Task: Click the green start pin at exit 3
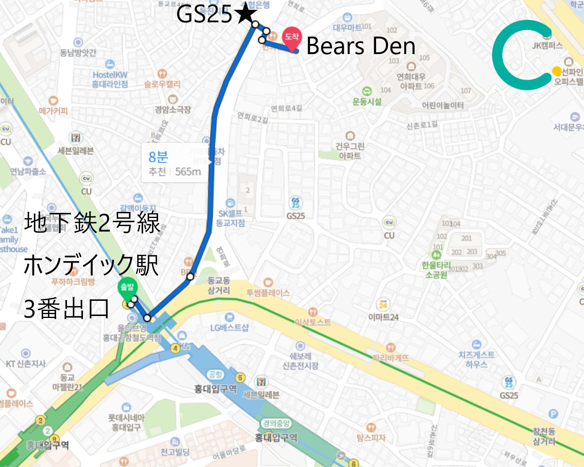127,288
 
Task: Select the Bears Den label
361,46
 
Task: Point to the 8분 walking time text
158,157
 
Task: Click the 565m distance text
188,172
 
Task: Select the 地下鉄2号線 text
92,223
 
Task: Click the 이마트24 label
383,317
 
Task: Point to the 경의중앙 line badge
276,423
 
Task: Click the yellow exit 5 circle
240,377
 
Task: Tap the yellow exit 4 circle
175,348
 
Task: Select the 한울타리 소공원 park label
436,270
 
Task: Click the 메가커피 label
53,111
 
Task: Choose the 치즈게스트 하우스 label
477,359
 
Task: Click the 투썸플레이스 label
268,293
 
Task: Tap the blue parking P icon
553,414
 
